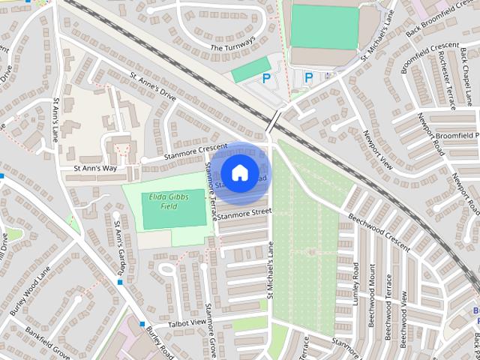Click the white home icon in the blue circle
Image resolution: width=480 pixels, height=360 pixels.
[x=238, y=173]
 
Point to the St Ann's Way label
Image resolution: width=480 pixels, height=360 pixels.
[x=95, y=169]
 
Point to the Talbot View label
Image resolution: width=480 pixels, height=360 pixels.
[x=187, y=322]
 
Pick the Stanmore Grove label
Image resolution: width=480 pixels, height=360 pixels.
[x=211, y=330]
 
